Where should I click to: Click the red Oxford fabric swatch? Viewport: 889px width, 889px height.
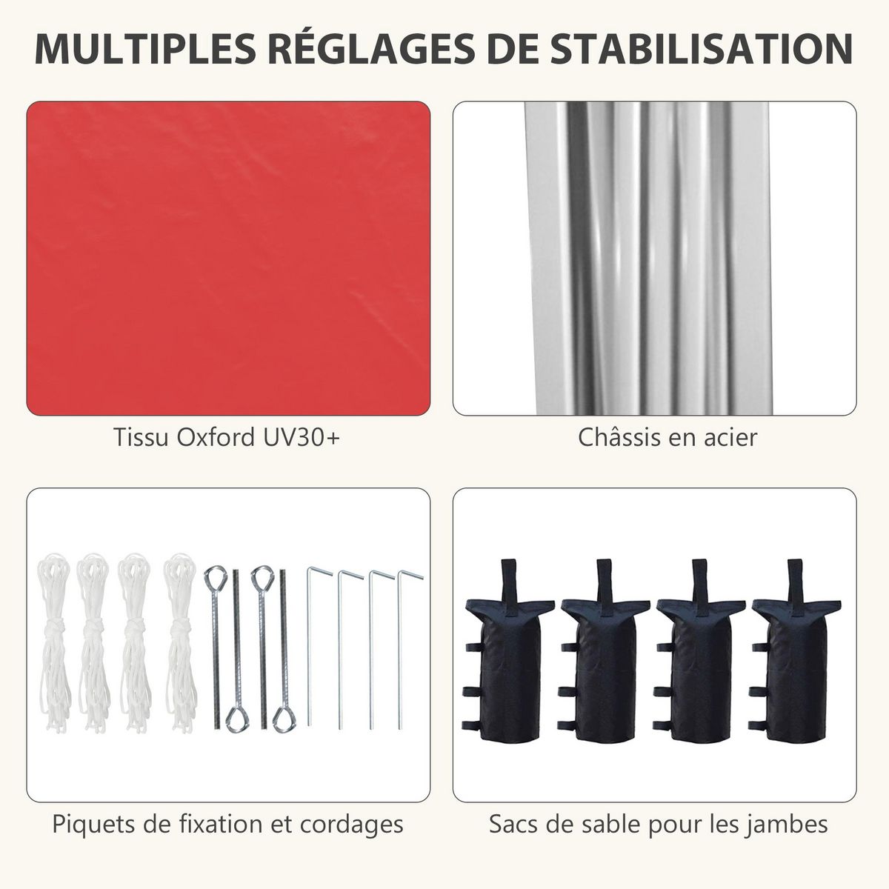[228, 258]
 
